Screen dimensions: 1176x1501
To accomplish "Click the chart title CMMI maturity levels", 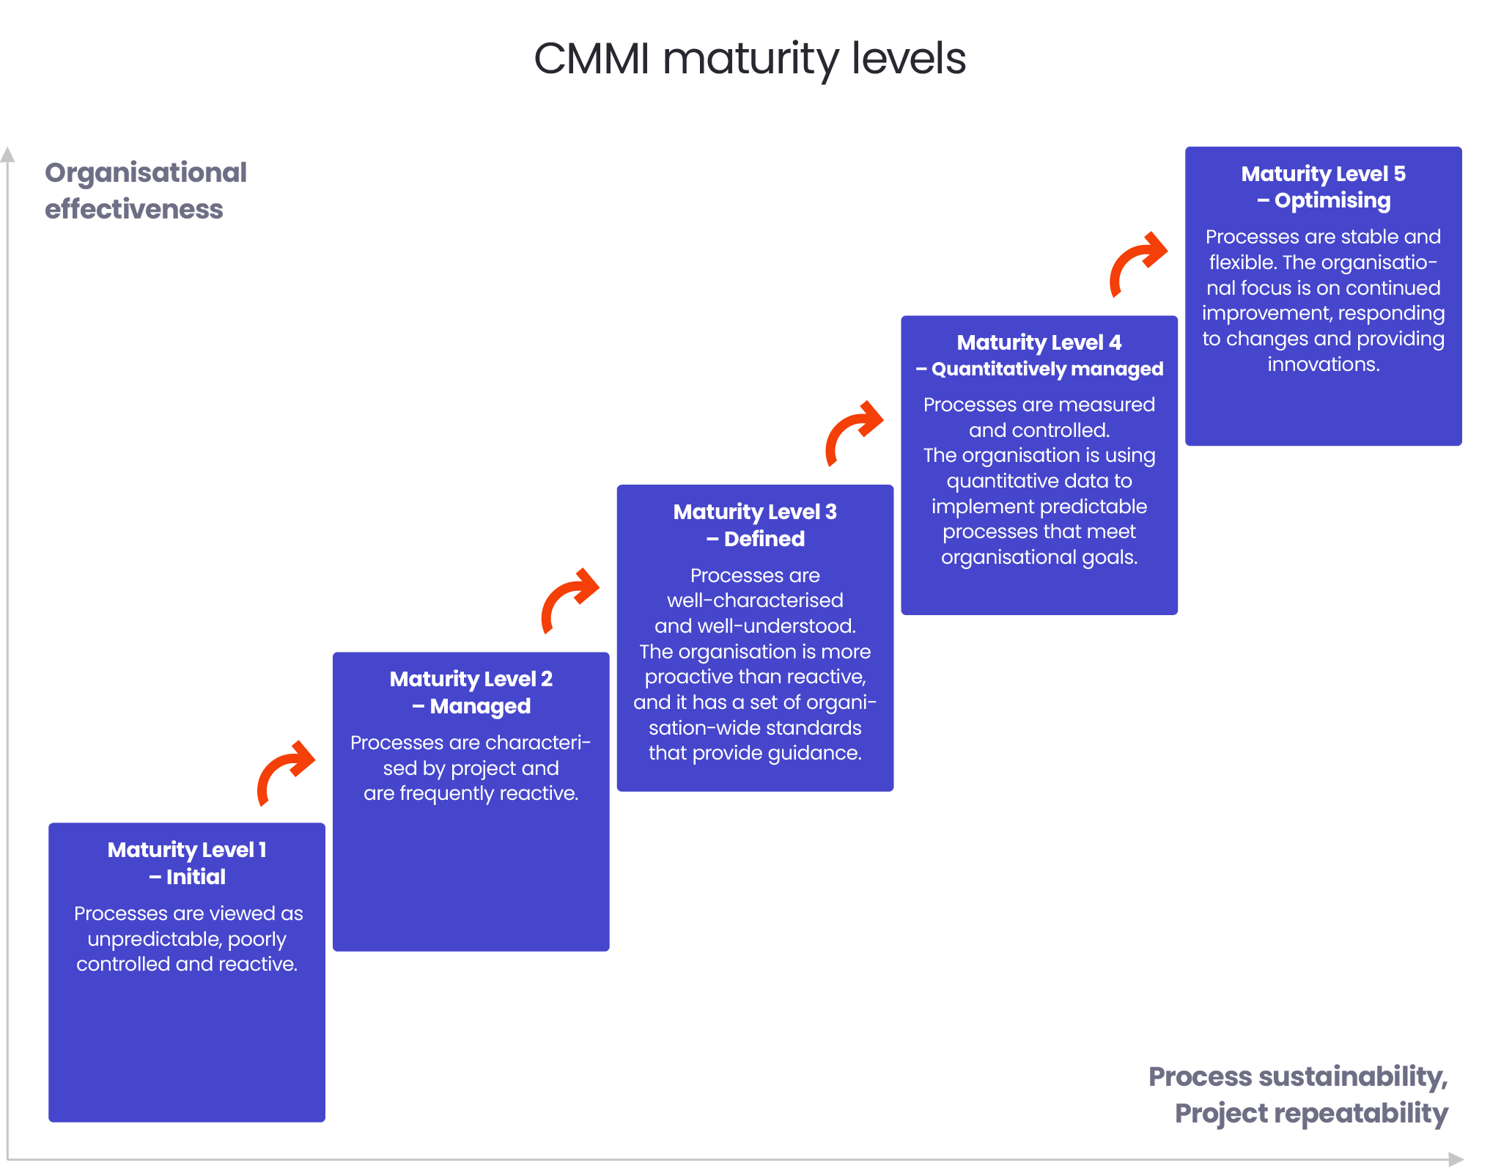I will point(749,59).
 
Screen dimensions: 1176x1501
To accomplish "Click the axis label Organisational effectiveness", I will point(145,191).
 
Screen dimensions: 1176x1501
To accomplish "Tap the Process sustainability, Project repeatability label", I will point(1298,1095).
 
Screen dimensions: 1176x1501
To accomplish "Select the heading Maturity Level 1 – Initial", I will point(187,863).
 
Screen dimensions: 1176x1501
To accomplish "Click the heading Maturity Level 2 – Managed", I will point(471,692).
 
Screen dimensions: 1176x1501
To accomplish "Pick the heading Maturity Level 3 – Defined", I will point(755,525).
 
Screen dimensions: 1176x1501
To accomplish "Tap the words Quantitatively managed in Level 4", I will point(1047,369).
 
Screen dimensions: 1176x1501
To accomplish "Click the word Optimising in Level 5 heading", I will point(1332,200).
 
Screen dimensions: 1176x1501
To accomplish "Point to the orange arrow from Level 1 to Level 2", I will point(284,771).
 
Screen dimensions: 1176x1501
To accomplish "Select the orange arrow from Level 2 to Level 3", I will point(568,599).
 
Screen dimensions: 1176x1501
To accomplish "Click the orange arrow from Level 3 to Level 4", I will point(852,432).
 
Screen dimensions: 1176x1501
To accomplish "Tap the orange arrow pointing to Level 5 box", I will point(1137,262).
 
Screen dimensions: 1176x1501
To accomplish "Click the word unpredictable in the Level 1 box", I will point(154,939).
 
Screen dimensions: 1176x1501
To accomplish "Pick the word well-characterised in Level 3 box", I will point(755,600).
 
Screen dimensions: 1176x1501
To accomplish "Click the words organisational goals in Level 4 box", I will point(1039,557).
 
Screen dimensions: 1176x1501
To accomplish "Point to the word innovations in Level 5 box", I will point(1323,364).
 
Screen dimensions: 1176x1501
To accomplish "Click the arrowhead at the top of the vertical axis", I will point(7,154).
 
